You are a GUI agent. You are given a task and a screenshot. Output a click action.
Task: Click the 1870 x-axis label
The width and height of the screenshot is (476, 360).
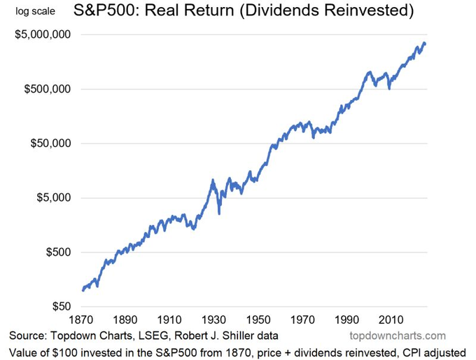81,320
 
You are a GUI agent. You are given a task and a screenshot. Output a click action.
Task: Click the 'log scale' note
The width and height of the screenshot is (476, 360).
31,12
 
